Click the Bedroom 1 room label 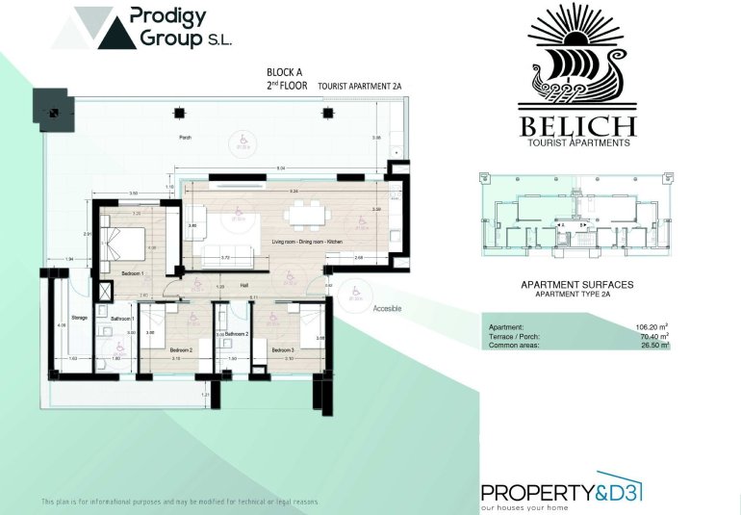(x=133, y=274)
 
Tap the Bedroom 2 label (x=182, y=349)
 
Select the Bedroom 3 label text (x=281, y=349)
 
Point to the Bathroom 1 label (x=121, y=318)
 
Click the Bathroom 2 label (x=238, y=333)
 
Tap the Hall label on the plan (x=244, y=286)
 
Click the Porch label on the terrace (x=186, y=138)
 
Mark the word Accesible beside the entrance (x=387, y=309)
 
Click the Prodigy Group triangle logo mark (x=94, y=28)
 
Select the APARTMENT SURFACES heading (x=576, y=285)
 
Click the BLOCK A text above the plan (x=286, y=72)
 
